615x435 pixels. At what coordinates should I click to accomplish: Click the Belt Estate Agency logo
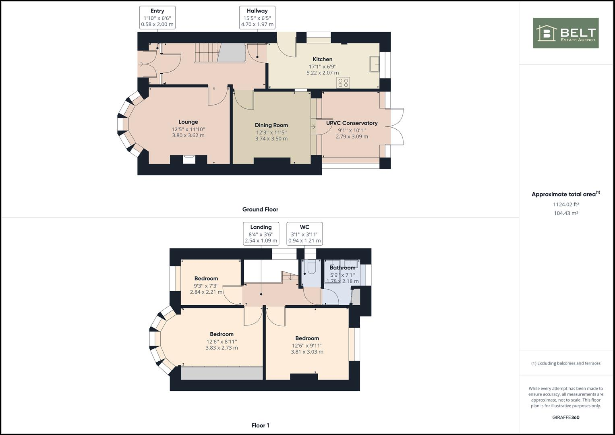565,33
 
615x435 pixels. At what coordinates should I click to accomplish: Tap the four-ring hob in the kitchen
343,83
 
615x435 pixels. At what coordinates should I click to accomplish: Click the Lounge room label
188,122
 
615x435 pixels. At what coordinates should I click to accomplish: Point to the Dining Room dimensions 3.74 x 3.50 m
271,139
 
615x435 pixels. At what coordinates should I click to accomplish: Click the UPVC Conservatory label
352,123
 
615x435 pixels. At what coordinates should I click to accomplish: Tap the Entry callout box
157,18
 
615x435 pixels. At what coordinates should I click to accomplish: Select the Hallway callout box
257,18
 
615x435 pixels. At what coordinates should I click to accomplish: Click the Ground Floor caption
260,209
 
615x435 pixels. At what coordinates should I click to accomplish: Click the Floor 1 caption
260,425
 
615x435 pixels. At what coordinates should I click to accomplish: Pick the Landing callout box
261,234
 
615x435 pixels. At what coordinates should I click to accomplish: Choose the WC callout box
304,234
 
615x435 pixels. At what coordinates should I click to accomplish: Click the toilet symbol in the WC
311,268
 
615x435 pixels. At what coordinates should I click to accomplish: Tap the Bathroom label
342,267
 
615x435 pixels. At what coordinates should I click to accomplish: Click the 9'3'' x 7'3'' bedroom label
206,278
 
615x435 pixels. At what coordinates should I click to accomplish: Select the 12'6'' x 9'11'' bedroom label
307,338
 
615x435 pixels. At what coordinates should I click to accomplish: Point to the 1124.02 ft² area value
565,204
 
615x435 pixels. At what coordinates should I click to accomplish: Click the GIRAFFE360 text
565,417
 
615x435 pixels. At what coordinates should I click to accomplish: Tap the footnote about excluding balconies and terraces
565,363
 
